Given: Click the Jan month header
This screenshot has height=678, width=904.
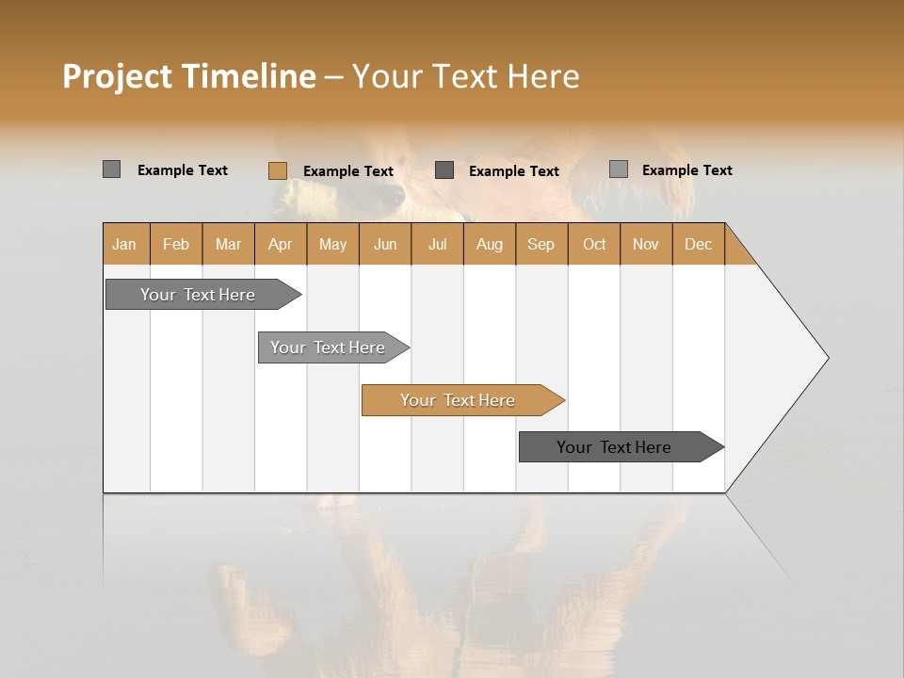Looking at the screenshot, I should pyautogui.click(x=124, y=244).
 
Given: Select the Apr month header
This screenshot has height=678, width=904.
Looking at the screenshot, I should pyautogui.click(x=280, y=244).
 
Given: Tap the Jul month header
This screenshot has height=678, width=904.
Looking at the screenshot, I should pyautogui.click(x=437, y=244).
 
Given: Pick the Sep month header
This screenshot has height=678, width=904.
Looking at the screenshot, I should pyautogui.click(x=541, y=244).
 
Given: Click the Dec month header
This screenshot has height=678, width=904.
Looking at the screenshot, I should pyautogui.click(x=698, y=244).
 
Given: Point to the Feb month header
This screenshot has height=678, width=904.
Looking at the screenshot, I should pyautogui.click(x=176, y=244).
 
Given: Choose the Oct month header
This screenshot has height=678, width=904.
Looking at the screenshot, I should pyautogui.click(x=593, y=244).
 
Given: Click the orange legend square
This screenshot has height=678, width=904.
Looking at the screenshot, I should pyautogui.click(x=277, y=170).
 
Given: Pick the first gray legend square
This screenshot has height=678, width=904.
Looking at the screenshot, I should pyautogui.click(x=111, y=169).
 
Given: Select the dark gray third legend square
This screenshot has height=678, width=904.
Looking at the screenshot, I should pyautogui.click(x=444, y=169).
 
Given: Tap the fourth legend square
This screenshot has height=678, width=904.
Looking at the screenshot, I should pyautogui.click(x=618, y=169).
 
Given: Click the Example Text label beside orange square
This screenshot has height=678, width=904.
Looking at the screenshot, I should pyautogui.click(x=347, y=171).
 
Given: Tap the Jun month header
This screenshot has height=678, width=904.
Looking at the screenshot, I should pyautogui.click(x=385, y=244).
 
